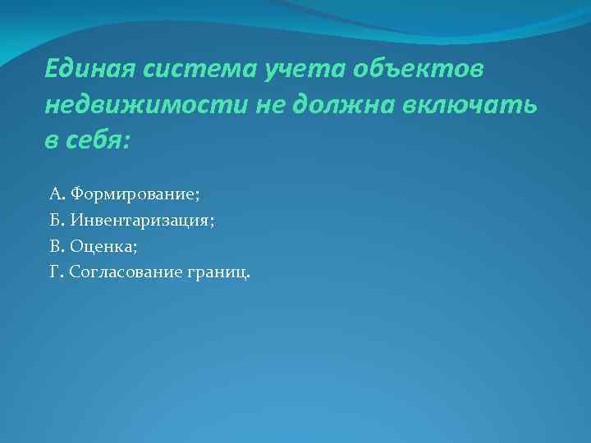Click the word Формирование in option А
(x=133, y=194)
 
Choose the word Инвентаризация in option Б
(x=140, y=220)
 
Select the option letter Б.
(x=55, y=220)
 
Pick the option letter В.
(x=55, y=245)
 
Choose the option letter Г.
(x=54, y=271)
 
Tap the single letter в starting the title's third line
(x=51, y=141)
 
